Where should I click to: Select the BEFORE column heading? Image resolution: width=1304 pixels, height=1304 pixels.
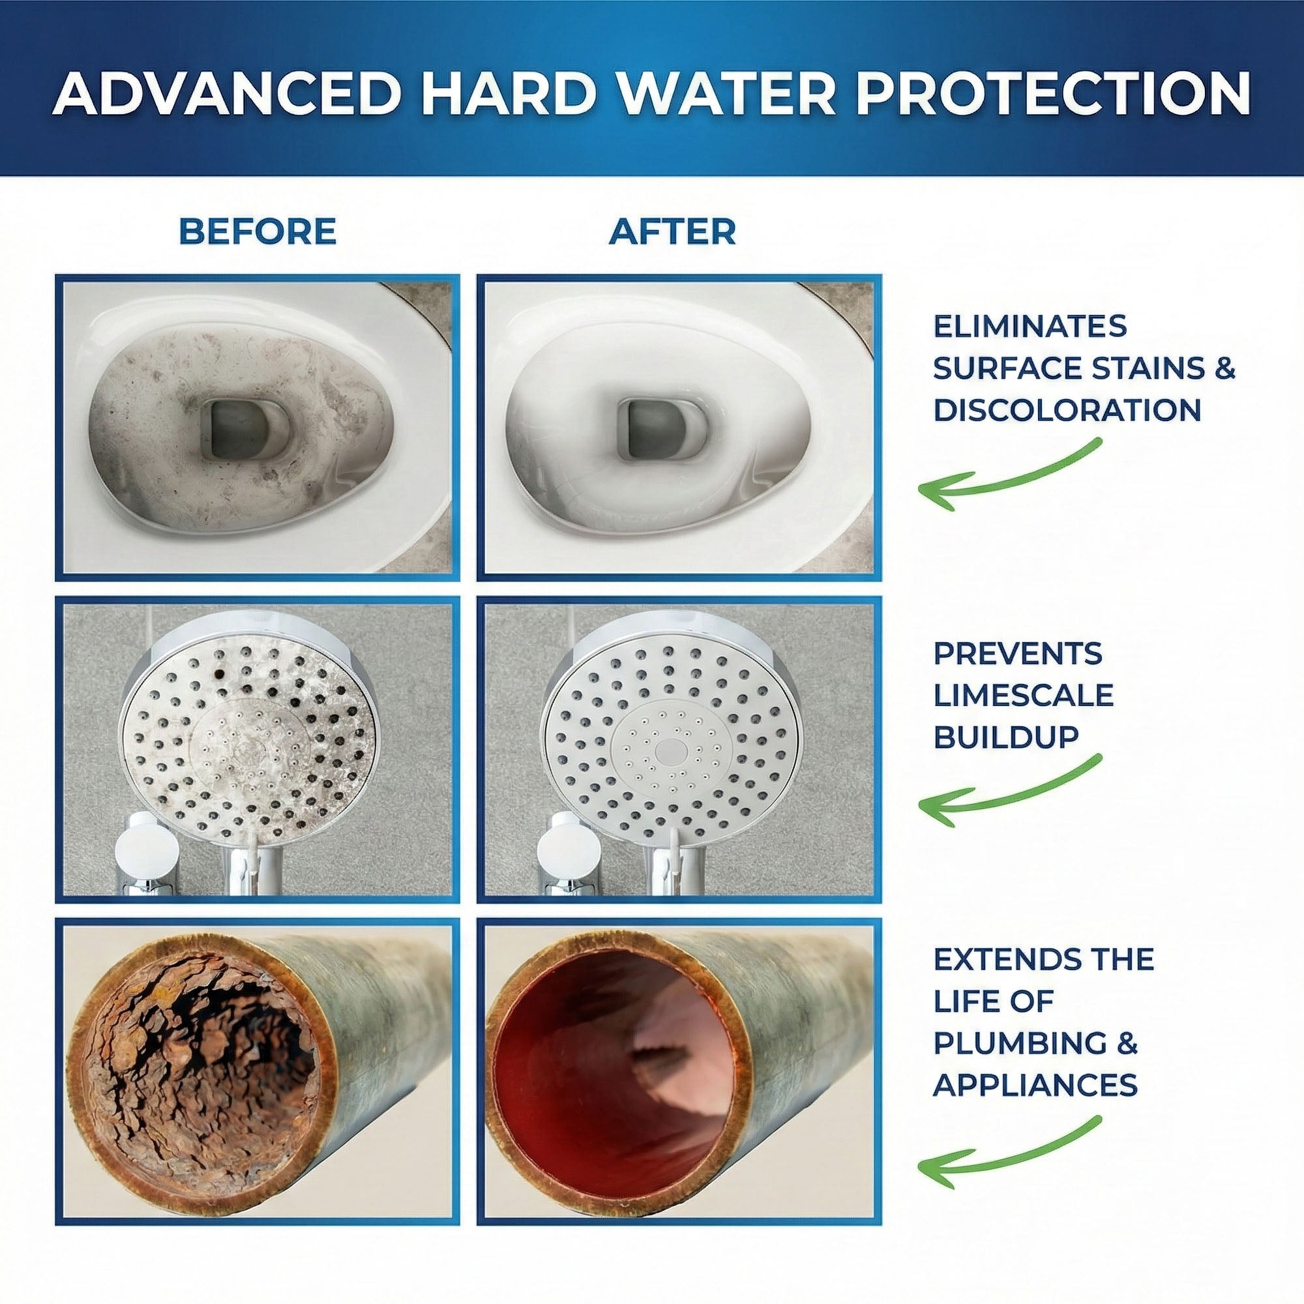tap(257, 232)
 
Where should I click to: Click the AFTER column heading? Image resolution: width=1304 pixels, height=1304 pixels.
tap(672, 232)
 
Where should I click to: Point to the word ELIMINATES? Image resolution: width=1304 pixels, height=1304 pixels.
tap(1030, 327)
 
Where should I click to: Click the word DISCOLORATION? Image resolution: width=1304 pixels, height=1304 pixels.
tap(1067, 410)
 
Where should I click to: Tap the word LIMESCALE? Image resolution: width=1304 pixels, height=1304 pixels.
tap(1022, 695)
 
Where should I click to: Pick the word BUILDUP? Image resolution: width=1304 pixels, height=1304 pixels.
tap(1005, 737)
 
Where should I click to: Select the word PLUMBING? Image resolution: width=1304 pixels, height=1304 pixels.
tap(1019, 1043)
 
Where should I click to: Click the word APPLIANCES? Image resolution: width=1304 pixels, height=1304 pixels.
tap(1035, 1086)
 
